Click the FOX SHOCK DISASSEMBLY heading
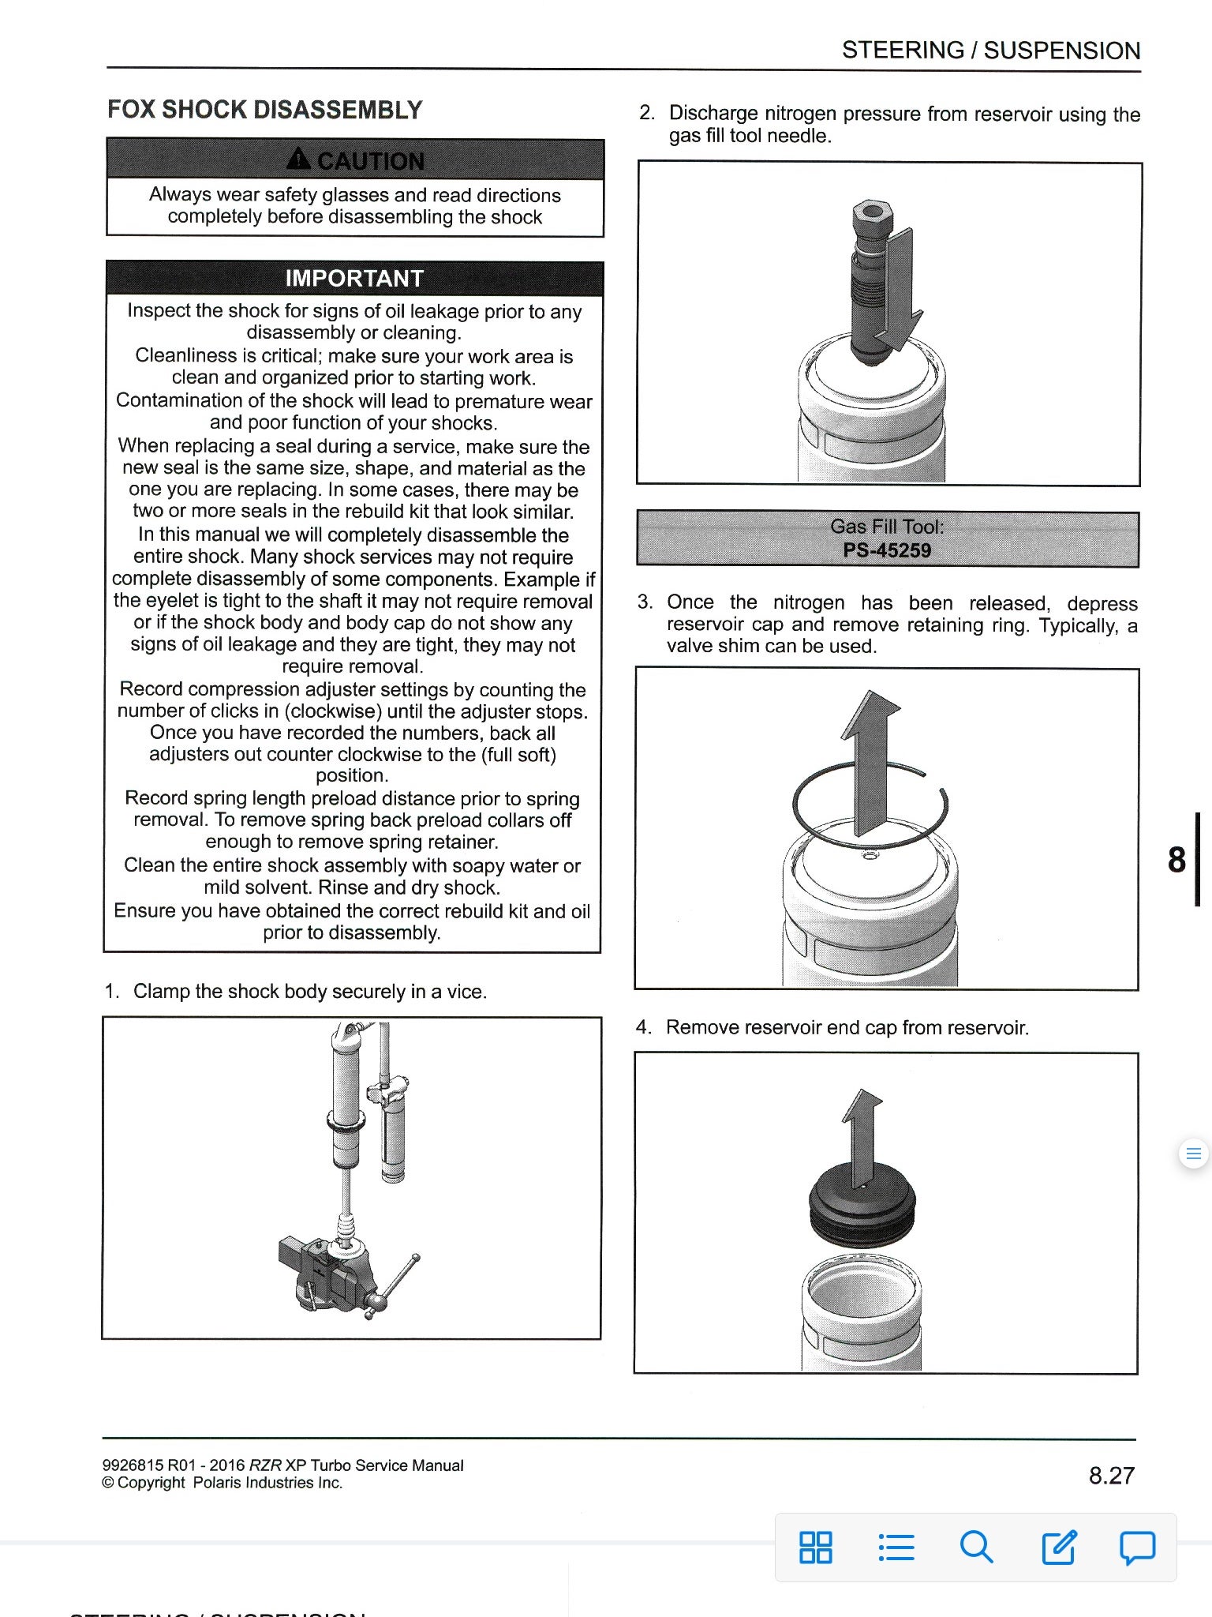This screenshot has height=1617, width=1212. pyautogui.click(x=264, y=110)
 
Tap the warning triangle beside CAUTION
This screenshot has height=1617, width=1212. pyautogui.click(x=299, y=160)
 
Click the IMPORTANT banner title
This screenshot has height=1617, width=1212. pyautogui.click(x=354, y=279)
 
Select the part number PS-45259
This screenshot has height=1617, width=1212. pyautogui.click(x=887, y=550)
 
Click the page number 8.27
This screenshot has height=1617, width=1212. pyautogui.click(x=1111, y=1475)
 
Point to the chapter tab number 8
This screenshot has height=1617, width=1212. pyautogui.click(x=1176, y=859)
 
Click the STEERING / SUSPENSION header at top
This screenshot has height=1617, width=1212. pyautogui.click(x=990, y=51)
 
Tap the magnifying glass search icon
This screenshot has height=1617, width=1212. pyautogui.click(x=976, y=1547)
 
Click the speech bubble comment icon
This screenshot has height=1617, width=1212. pyautogui.click(x=1137, y=1547)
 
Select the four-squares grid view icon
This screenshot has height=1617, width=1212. pyautogui.click(x=815, y=1547)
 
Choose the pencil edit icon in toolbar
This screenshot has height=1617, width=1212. pyautogui.click(x=1058, y=1547)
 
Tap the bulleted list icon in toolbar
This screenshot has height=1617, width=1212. pyautogui.click(x=896, y=1547)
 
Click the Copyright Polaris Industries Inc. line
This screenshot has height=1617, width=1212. pyautogui.click(x=223, y=1483)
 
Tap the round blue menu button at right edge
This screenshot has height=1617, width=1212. pyautogui.click(x=1192, y=1154)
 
